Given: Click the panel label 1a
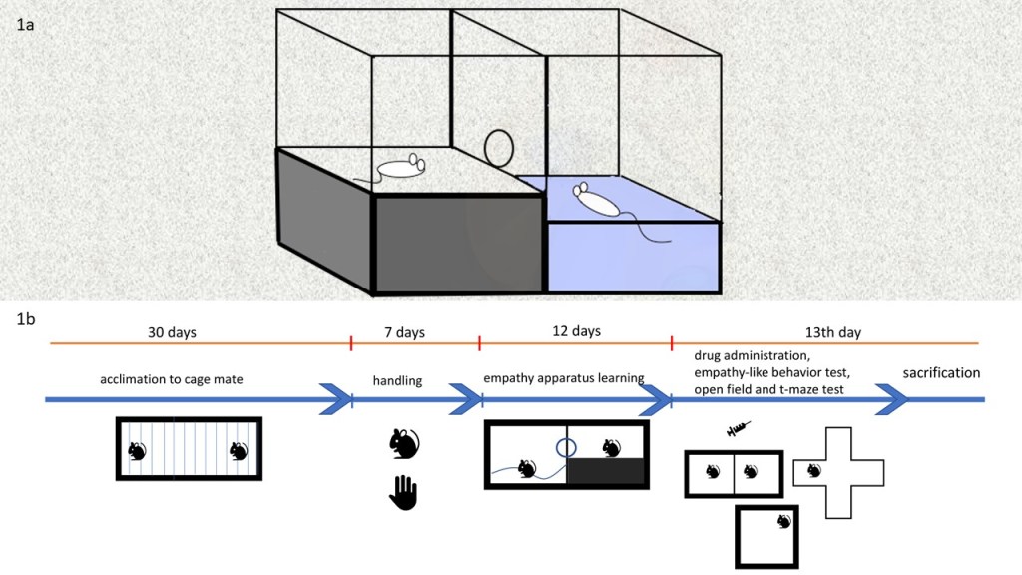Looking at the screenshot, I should coord(26,26).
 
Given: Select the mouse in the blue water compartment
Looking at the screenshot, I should coord(597,201).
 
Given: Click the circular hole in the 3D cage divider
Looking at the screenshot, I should coord(500,149).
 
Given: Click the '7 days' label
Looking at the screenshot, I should coord(403,332).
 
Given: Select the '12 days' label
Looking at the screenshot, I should coord(577,331).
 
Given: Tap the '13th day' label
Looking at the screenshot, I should coord(833,332).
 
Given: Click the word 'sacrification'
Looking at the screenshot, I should coord(941,372).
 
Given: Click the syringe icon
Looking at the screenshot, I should coord(739,430).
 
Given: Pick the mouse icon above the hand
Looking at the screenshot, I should coord(403,444).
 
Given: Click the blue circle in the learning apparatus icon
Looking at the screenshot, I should coord(566,445).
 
